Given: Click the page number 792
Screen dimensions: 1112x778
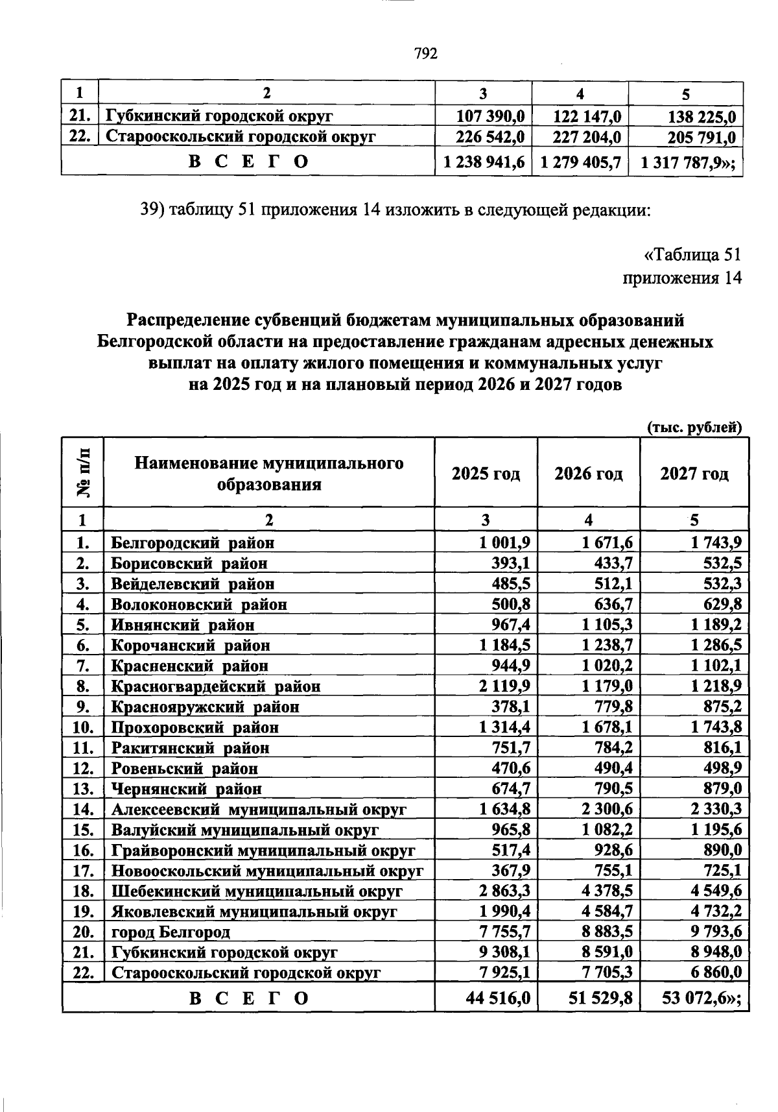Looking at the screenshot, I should coord(426,53).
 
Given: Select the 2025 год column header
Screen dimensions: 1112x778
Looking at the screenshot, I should coord(486,474).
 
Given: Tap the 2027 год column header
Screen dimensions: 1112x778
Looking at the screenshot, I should coord(694,474).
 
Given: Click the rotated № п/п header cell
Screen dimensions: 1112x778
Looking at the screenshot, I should coord(83,472).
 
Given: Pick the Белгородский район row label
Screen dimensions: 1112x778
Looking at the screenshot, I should coord(193,542).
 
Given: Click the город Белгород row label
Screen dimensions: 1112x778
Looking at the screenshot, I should coord(171,932).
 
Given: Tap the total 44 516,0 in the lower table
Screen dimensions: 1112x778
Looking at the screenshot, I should coord(498,998).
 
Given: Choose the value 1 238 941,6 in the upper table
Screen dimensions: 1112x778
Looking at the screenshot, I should coord(483,162).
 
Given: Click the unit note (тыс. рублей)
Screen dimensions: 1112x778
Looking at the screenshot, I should coord(694,427).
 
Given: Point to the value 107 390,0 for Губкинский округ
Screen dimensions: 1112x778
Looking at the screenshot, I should coord(490,117).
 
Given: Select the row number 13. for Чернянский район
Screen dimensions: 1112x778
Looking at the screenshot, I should coord(84,789).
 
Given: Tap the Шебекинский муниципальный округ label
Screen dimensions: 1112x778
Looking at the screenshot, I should coord(257,891).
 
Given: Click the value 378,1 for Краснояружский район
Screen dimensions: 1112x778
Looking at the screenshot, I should coord(513,707).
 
